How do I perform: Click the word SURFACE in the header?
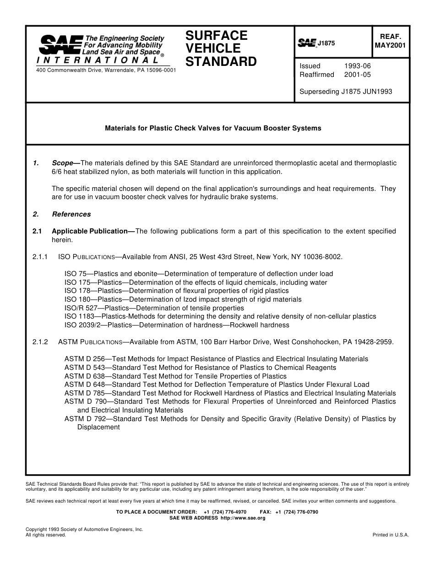click(x=217, y=36)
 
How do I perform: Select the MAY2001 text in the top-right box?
click(x=390, y=45)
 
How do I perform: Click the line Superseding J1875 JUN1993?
click(x=346, y=91)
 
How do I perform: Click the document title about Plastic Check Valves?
click(x=213, y=128)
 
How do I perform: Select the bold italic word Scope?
click(x=63, y=163)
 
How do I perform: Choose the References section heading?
click(x=71, y=214)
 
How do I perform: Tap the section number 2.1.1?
click(x=40, y=257)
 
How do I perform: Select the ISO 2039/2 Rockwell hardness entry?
click(x=177, y=325)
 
